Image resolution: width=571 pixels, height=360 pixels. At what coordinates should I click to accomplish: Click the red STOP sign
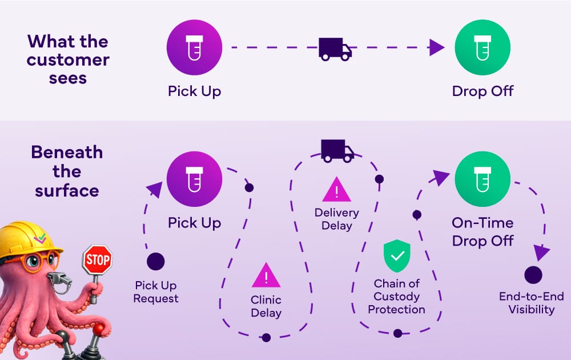pyautogui.click(x=98, y=261)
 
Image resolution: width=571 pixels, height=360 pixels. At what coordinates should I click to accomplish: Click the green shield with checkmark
pyautogui.click(x=397, y=256)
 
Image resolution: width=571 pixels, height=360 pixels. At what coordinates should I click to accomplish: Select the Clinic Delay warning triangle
pyautogui.click(x=266, y=276)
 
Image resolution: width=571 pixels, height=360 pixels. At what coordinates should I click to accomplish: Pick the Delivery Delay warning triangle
pyautogui.click(x=337, y=190)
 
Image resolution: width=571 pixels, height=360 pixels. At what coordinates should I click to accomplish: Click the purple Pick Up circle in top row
pyautogui.click(x=194, y=48)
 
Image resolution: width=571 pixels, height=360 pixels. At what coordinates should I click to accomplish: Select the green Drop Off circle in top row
pyautogui.click(x=482, y=48)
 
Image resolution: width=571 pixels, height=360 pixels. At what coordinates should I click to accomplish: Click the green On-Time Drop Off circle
pyautogui.click(x=482, y=179)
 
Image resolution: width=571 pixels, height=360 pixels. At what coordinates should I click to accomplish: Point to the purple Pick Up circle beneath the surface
pyautogui.click(x=194, y=179)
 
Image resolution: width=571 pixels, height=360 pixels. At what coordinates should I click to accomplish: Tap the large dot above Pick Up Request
pyautogui.click(x=155, y=262)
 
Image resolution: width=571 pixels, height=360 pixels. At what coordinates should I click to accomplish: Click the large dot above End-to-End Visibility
pyautogui.click(x=533, y=275)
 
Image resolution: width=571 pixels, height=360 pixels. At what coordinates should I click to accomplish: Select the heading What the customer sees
pyautogui.click(x=68, y=59)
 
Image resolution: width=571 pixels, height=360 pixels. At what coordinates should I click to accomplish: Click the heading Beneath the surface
pyautogui.click(x=67, y=171)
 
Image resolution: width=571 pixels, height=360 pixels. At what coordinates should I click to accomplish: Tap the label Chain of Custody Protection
pyautogui.click(x=397, y=297)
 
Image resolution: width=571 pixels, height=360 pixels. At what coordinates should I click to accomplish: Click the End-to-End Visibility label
pyautogui.click(x=531, y=303)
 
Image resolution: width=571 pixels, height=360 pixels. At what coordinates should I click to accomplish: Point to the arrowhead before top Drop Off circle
pyautogui.click(x=437, y=47)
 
